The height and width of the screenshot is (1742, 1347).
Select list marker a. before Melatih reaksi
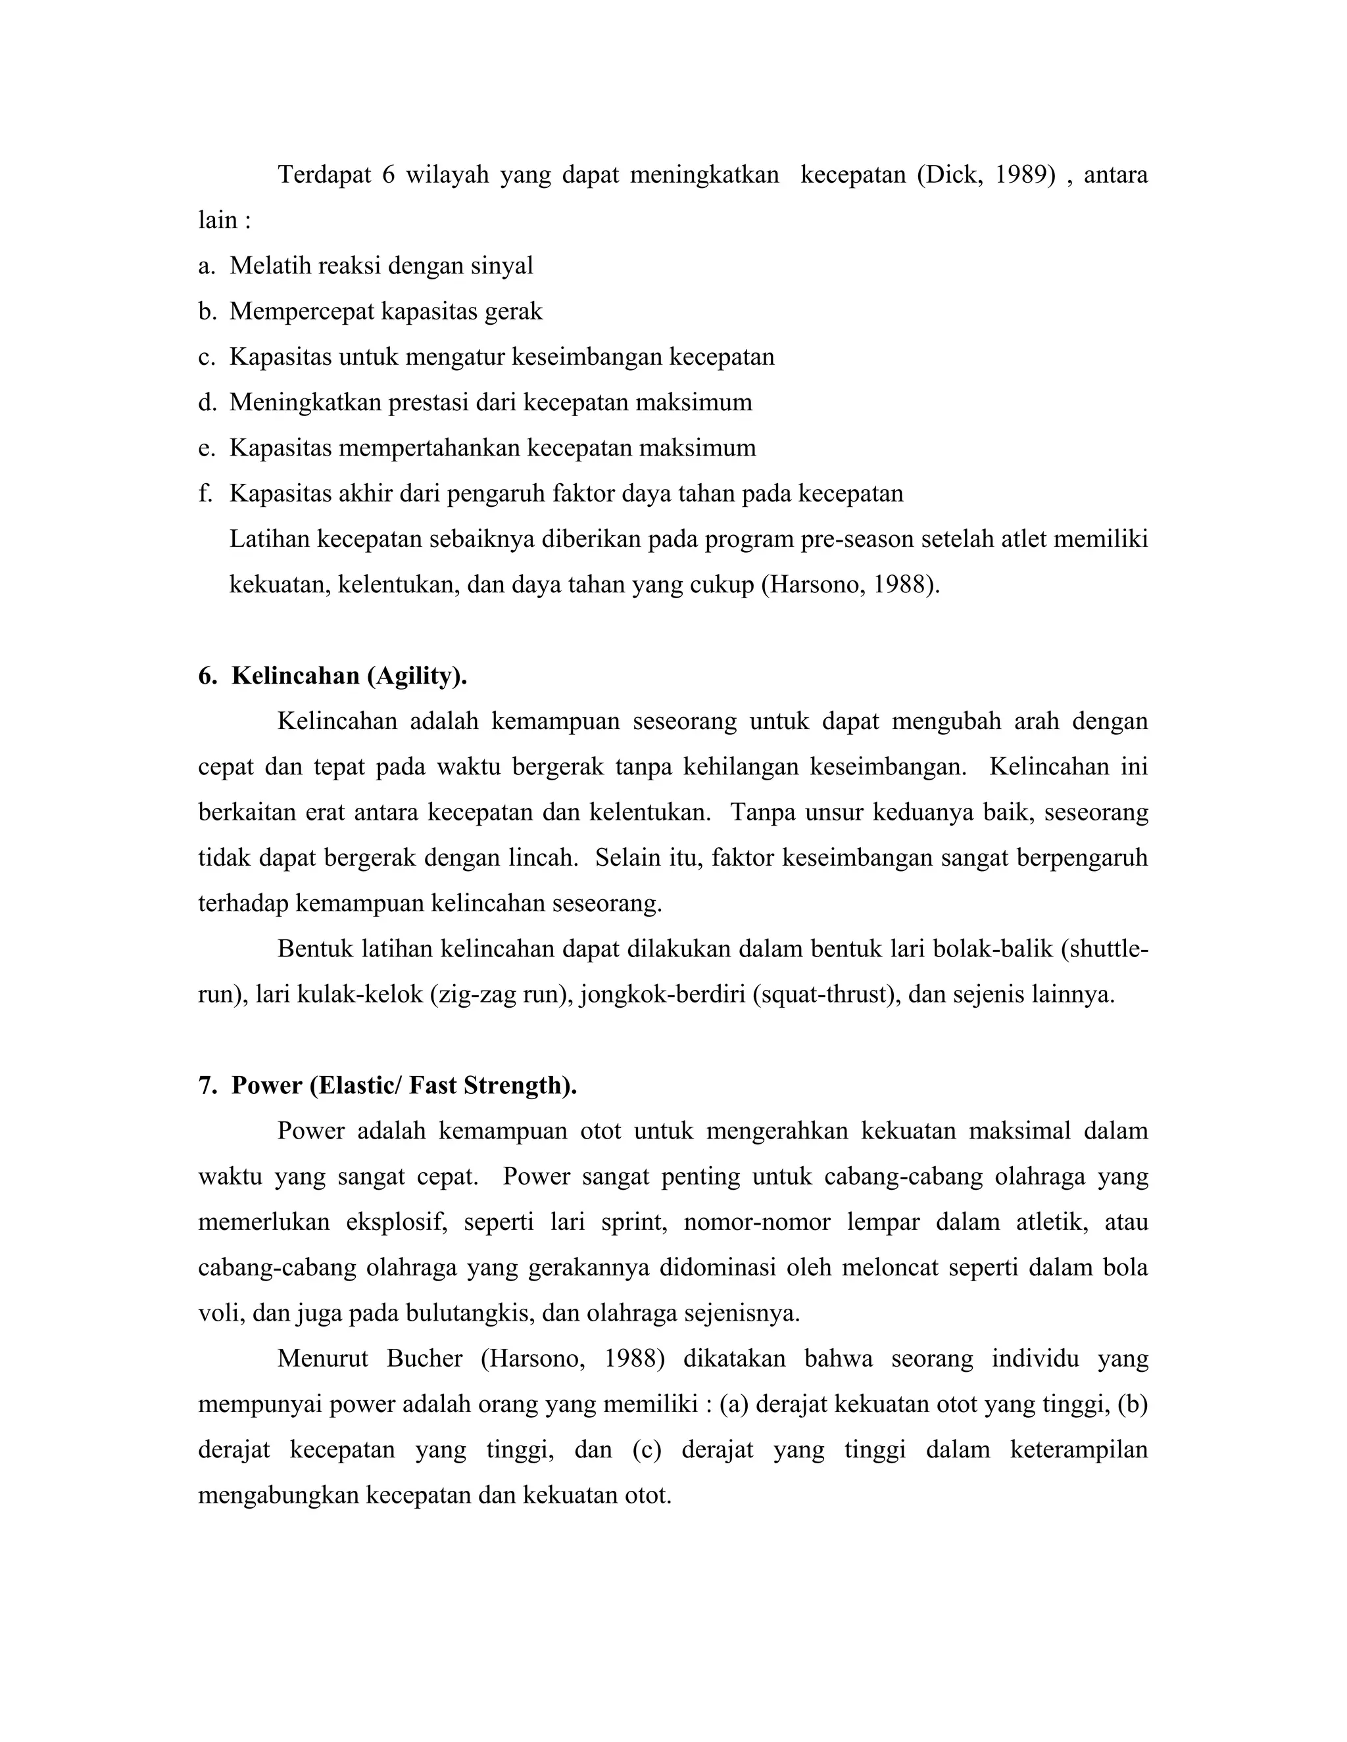point(206,266)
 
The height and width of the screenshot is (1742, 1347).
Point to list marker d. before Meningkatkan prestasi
point(206,403)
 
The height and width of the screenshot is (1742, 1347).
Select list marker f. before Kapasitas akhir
point(205,494)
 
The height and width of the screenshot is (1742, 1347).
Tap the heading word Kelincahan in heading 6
point(295,676)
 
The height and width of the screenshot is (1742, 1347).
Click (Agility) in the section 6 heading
point(416,676)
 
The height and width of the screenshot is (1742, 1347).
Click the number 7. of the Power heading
point(207,1085)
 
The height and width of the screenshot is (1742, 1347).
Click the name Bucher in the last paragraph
point(424,1358)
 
